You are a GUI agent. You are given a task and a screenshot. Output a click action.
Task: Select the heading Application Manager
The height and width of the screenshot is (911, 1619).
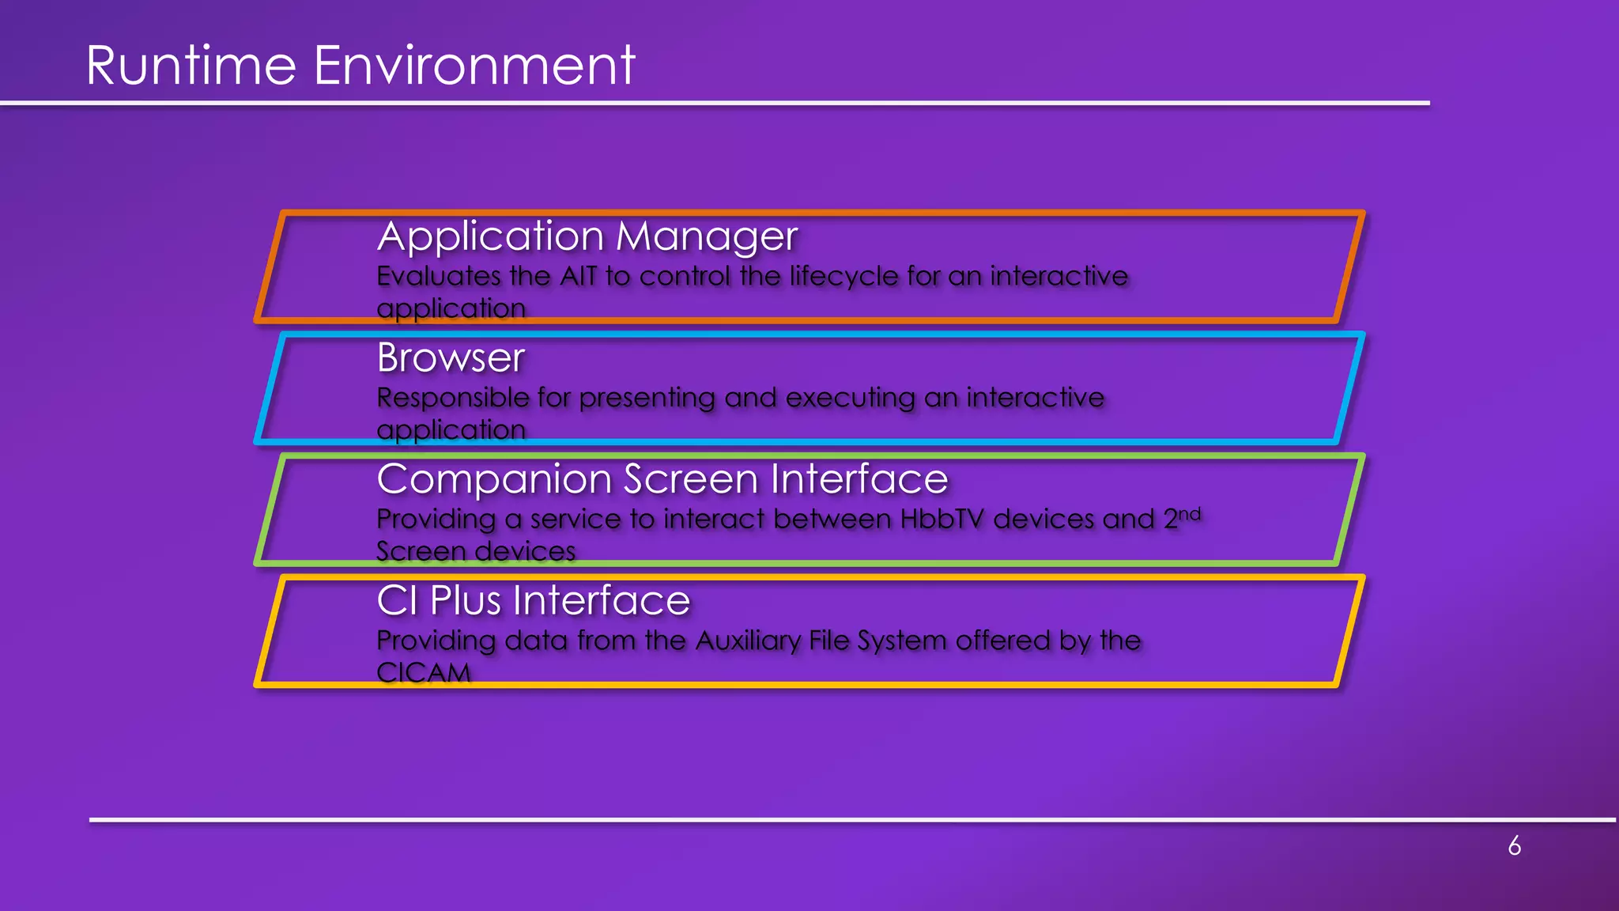point(587,236)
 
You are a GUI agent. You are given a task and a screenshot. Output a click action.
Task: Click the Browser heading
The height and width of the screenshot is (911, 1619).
point(451,357)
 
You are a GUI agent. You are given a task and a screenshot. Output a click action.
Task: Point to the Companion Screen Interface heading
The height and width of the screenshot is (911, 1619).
point(662,479)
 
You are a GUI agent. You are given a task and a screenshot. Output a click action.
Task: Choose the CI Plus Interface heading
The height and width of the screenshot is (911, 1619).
point(533,600)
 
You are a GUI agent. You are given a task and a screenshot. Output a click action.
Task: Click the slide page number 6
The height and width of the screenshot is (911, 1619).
point(1514,846)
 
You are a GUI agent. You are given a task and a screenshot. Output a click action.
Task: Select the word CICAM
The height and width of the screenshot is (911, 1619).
point(423,673)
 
